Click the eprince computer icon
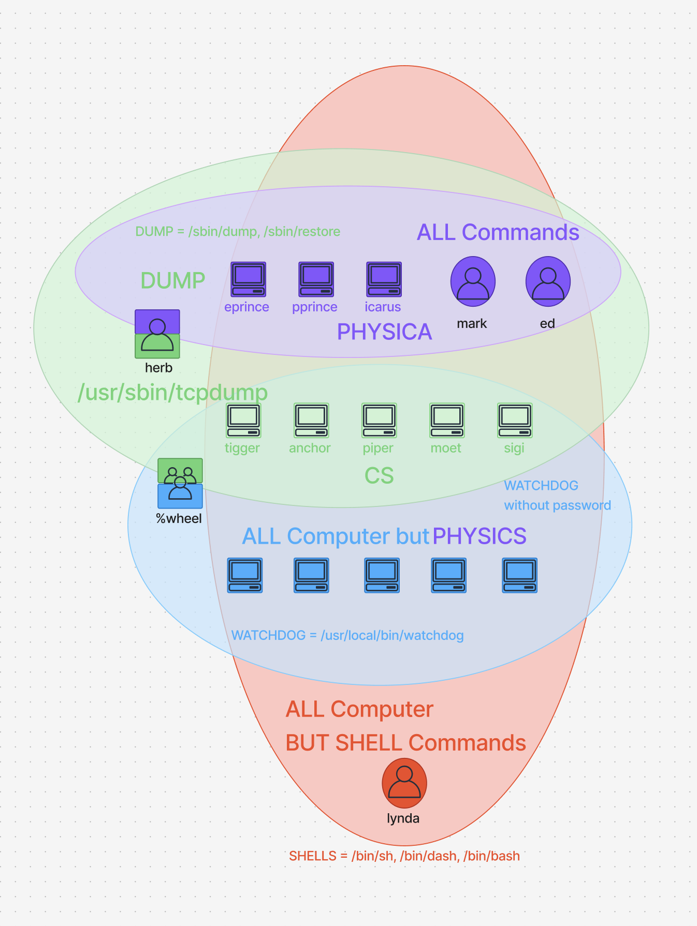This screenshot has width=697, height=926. click(x=248, y=279)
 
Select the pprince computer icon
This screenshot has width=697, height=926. click(x=316, y=279)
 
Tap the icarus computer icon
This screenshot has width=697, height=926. click(x=384, y=279)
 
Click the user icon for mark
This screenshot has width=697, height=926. click(x=473, y=281)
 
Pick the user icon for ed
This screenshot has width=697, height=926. click(x=548, y=281)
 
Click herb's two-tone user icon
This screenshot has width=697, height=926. click(x=157, y=334)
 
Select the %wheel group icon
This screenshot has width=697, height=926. click(x=180, y=483)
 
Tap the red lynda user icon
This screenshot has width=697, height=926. click(x=404, y=783)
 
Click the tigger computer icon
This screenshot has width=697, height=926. click(x=243, y=421)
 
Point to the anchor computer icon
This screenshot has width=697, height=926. click(x=311, y=421)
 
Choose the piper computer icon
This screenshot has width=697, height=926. click(x=379, y=421)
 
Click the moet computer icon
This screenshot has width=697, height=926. click(x=447, y=421)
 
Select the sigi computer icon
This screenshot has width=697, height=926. click(x=515, y=421)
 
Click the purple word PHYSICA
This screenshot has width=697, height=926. click(x=384, y=332)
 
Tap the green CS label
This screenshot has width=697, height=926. click(x=379, y=475)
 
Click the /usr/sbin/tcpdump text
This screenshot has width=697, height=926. click(x=172, y=392)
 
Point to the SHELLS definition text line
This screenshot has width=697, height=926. click(x=404, y=856)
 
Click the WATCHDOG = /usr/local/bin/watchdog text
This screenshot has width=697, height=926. click(x=347, y=635)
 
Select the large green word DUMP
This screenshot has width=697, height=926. click(x=172, y=280)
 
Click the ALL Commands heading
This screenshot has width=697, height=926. click(x=498, y=232)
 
